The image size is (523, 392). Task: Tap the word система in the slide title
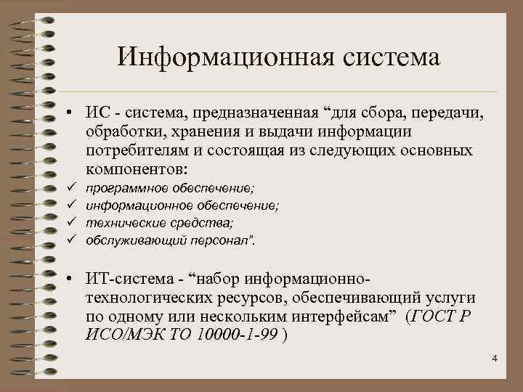click(x=388, y=57)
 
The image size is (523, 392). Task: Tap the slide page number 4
click(x=495, y=359)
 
